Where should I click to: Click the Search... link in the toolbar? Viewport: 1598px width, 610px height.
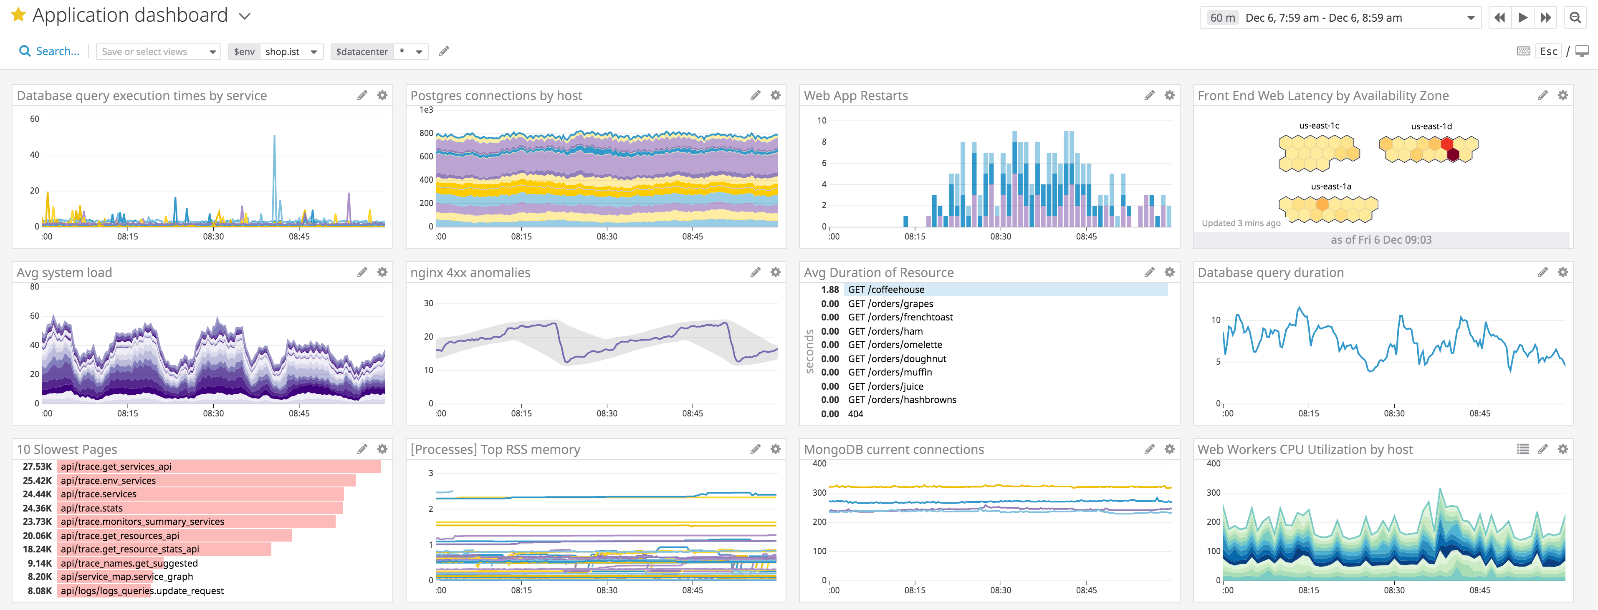[50, 51]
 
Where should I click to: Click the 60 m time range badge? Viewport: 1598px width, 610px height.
[1222, 18]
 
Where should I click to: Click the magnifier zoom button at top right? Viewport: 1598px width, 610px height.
[1575, 18]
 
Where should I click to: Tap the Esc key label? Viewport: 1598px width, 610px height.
[1548, 51]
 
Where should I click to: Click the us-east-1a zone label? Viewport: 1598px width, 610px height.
[1331, 186]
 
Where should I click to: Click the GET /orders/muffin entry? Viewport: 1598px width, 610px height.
[890, 372]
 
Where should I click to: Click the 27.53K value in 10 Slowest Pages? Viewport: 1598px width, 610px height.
[37, 466]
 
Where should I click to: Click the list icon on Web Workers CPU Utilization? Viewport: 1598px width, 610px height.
[1522, 449]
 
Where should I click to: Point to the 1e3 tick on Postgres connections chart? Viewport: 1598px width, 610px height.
[426, 110]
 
